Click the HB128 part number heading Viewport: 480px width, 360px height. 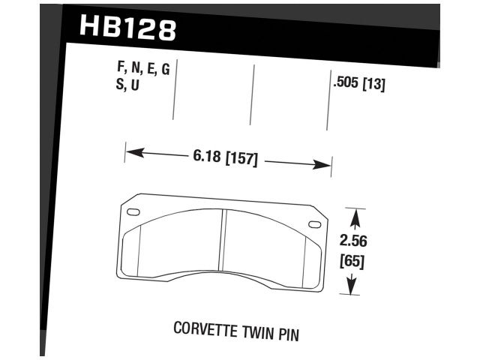tap(127, 28)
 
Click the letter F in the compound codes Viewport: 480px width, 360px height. tap(121, 70)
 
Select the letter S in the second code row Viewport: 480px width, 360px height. tap(121, 85)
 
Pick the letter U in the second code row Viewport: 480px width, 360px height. tap(135, 85)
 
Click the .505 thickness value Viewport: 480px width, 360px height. tap(345, 85)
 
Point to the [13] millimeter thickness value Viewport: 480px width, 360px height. tap(373, 85)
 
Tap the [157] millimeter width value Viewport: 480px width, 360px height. tap(241, 159)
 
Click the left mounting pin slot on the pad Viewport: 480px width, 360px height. tap(133, 213)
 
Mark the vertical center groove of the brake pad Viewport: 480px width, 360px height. tap(225, 240)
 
